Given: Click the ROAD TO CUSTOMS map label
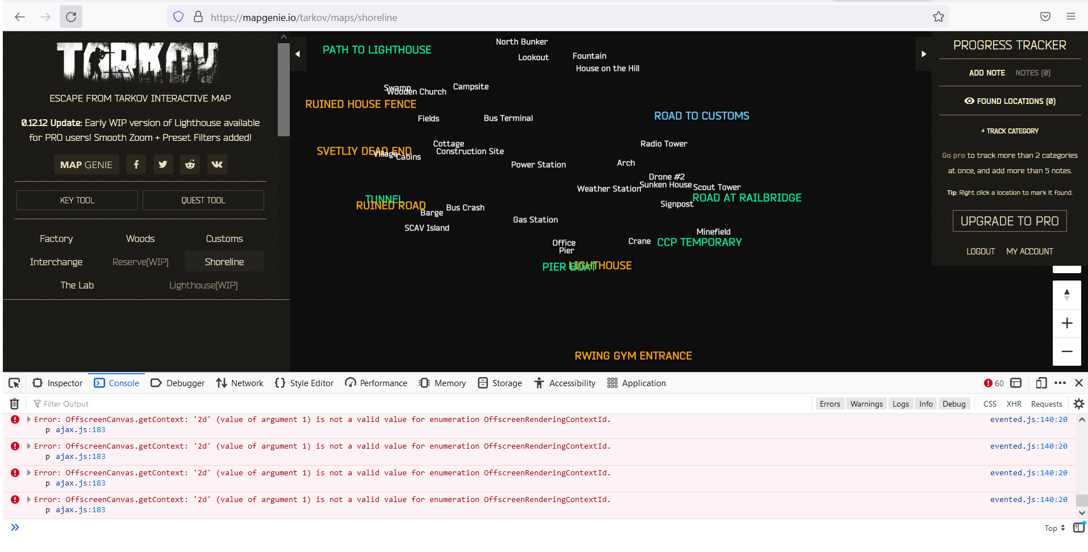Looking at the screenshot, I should click(x=701, y=116).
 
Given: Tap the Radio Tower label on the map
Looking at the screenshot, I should click(x=664, y=144).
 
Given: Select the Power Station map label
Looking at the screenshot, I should click(x=538, y=165).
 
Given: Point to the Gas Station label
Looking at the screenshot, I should click(x=535, y=220).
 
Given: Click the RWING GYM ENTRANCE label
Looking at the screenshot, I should click(x=633, y=356).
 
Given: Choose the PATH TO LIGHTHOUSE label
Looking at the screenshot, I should click(x=377, y=50).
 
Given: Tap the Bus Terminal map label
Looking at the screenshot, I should click(x=508, y=118).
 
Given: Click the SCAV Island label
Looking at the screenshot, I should click(x=427, y=228).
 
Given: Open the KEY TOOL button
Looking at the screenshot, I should click(x=77, y=200).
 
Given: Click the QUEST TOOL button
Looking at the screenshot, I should click(x=203, y=200).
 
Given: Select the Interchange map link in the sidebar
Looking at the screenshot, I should click(x=56, y=262).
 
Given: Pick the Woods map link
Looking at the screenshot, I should click(x=140, y=239).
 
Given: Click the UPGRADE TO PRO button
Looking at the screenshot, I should click(x=1009, y=221).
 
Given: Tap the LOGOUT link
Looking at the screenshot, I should click(x=980, y=251).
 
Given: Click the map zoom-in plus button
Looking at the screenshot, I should click(x=1066, y=323).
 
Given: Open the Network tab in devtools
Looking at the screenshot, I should click(x=240, y=383).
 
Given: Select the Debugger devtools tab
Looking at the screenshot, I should click(x=178, y=383).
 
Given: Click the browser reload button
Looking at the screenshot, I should click(x=71, y=17).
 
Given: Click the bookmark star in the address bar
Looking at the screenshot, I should click(x=938, y=17).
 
